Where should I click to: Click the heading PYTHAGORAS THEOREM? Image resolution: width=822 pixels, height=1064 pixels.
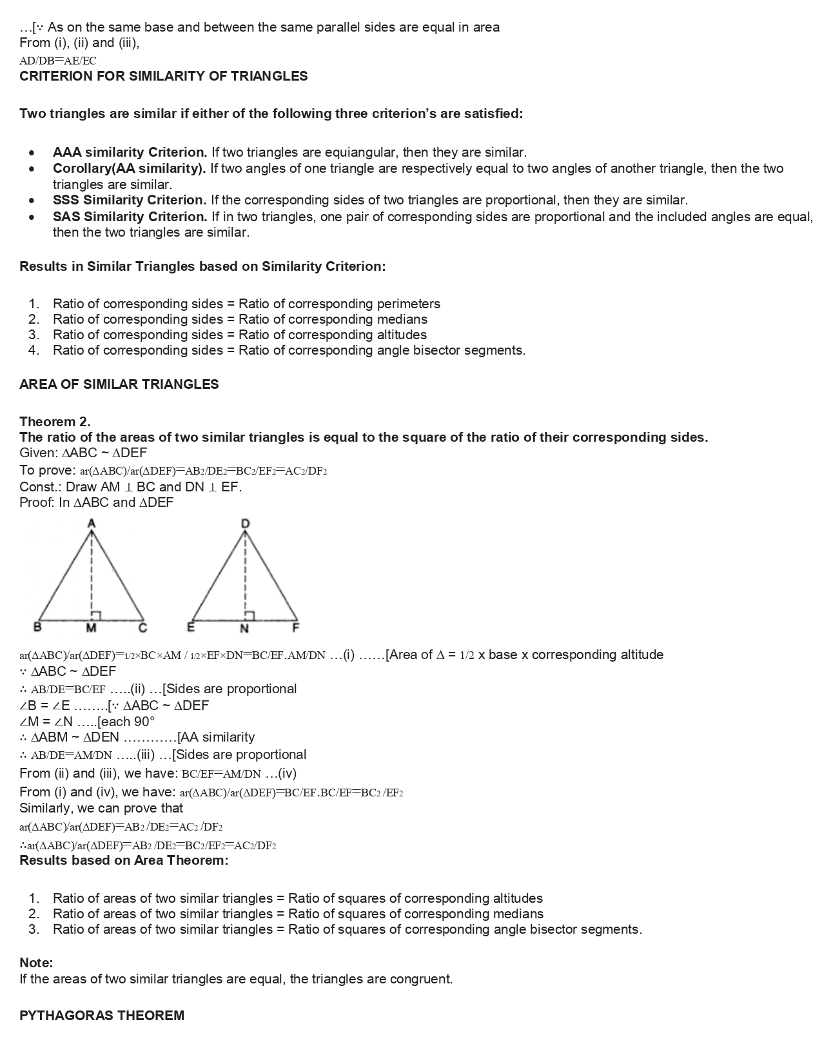tap(102, 1016)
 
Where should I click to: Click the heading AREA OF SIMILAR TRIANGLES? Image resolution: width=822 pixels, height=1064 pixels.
tap(119, 384)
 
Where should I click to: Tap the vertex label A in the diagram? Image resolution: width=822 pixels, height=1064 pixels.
tap(92, 523)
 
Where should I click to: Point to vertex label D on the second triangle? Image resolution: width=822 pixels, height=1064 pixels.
tap(245, 524)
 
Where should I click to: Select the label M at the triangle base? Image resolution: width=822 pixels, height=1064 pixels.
tap(92, 628)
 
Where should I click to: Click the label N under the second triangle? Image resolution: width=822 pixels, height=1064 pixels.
tap(244, 628)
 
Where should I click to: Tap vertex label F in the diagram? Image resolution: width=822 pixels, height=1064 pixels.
tap(296, 627)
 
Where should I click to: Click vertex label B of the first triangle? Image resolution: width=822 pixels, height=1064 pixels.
tap(37, 627)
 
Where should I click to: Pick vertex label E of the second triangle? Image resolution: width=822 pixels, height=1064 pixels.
tap(191, 627)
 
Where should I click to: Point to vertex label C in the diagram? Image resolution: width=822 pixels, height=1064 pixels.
tap(143, 627)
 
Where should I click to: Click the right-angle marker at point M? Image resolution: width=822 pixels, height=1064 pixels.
tap(95, 615)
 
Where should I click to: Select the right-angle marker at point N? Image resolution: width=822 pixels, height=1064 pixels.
tap(250, 615)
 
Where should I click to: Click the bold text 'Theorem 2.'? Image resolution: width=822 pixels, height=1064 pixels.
tap(55, 422)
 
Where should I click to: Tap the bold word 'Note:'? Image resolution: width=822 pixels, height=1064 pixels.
tap(36, 963)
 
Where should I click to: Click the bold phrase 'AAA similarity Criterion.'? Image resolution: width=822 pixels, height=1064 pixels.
tap(130, 153)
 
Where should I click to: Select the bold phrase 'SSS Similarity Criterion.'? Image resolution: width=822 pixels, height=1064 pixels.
tap(130, 201)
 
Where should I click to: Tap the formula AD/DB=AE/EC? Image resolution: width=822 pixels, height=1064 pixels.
tap(58, 61)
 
